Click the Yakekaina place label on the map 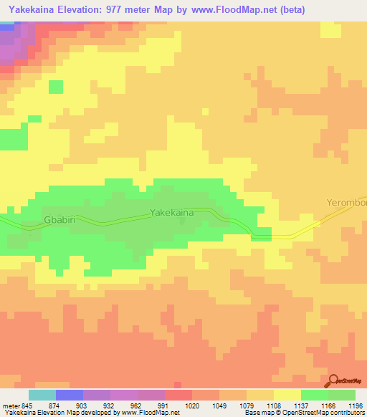[171, 212]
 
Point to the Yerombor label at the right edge [346, 203]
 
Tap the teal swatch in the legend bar [42, 395]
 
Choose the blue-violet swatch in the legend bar [69, 395]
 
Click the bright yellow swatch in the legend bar [287, 395]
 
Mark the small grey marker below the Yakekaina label [182, 221]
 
